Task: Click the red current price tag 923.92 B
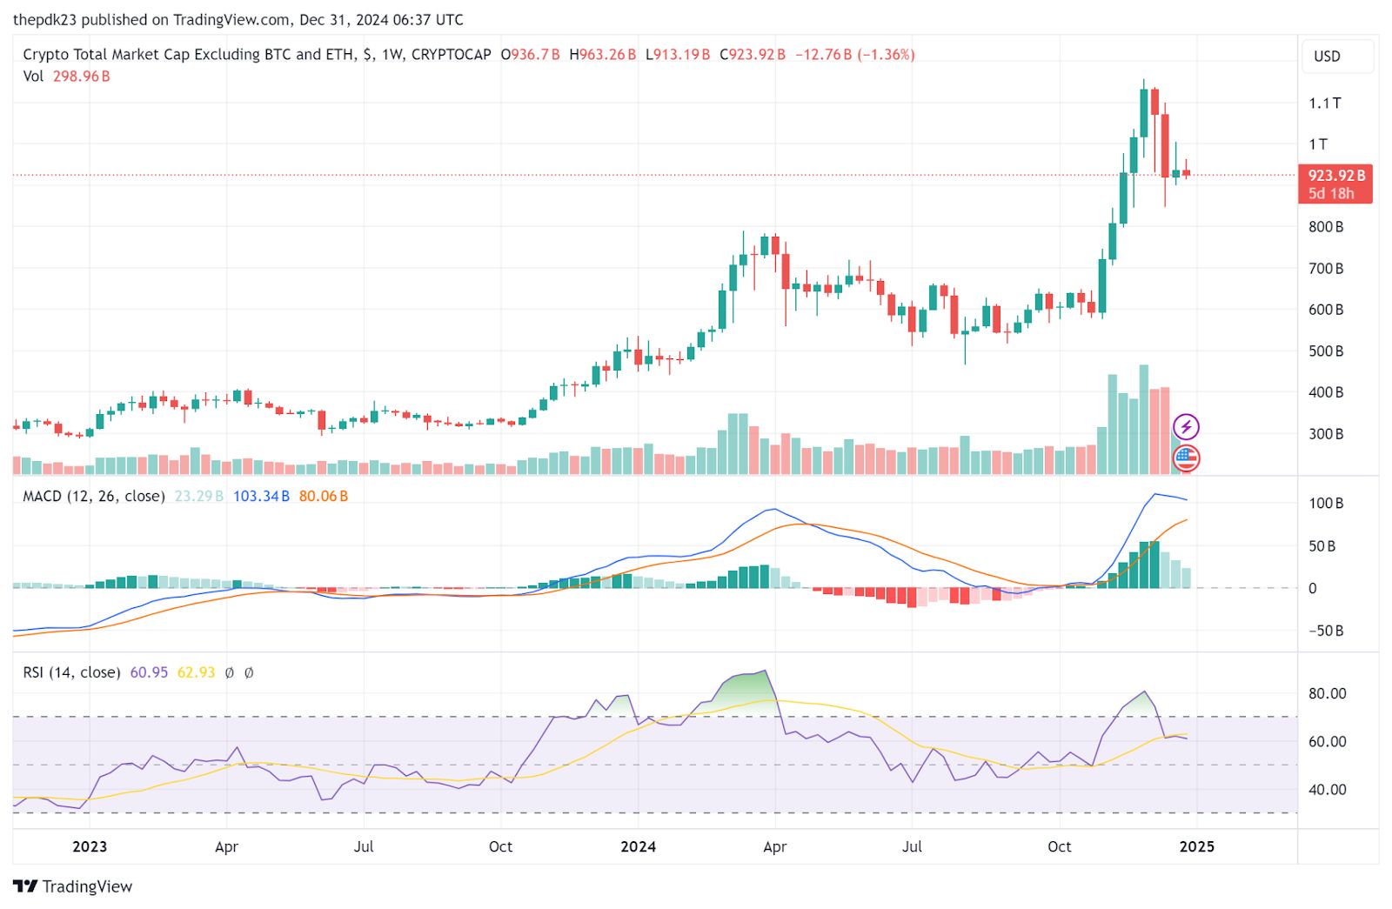click(1335, 184)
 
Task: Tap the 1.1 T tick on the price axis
click(1324, 103)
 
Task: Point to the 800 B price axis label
click(1325, 227)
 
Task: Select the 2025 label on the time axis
click(1196, 846)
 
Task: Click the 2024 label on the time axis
click(638, 846)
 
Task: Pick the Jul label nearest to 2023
click(364, 846)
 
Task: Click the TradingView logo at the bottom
click(73, 886)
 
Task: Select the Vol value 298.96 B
click(82, 77)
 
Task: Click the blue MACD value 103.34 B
click(261, 497)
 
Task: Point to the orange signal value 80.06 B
click(323, 497)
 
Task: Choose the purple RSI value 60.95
click(149, 672)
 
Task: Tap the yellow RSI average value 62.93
click(196, 672)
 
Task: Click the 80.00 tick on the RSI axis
click(1327, 693)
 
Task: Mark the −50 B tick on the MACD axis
click(1325, 631)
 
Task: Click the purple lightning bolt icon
click(1186, 427)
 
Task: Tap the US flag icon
click(1186, 458)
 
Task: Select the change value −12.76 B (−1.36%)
click(854, 54)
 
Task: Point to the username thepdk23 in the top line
click(45, 19)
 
